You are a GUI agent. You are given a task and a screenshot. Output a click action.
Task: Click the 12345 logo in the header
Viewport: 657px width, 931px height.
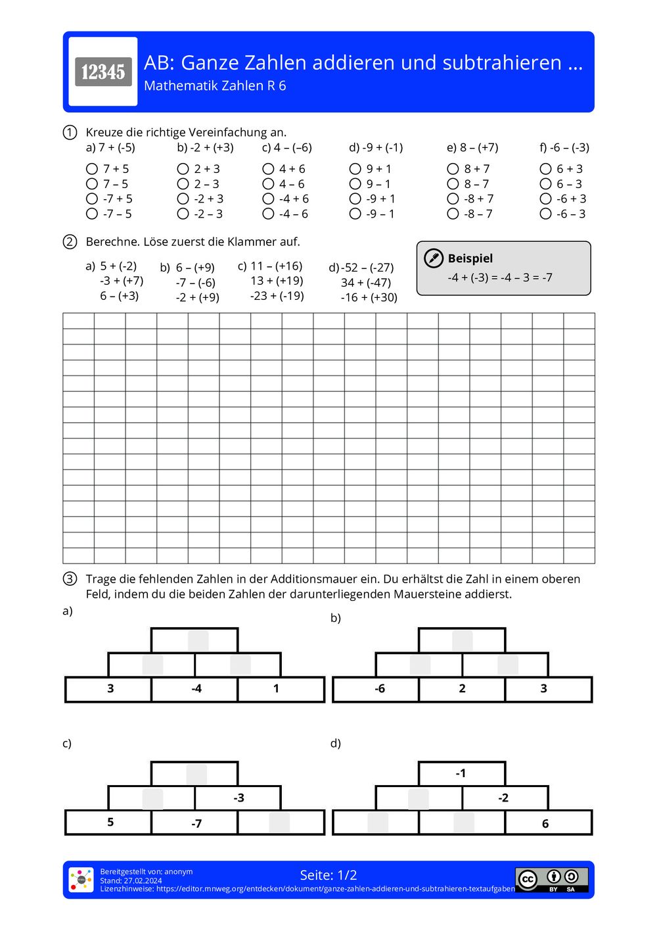[103, 72]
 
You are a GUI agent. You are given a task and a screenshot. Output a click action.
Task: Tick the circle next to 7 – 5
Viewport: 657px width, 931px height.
[92, 184]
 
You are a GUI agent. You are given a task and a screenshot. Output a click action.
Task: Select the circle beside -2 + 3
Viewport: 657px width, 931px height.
[183, 199]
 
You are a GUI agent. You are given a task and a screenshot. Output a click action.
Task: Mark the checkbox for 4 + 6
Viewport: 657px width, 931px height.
[268, 169]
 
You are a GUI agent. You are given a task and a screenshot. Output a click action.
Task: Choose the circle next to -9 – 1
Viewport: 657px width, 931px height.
[355, 214]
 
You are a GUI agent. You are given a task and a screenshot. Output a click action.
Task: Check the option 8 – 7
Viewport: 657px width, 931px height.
[453, 184]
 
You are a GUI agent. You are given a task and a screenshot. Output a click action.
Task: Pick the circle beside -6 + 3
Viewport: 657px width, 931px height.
[545, 199]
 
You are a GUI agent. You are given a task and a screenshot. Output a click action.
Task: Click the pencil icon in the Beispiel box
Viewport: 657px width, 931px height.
[434, 258]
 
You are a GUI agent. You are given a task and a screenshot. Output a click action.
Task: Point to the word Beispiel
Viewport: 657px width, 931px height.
[470, 258]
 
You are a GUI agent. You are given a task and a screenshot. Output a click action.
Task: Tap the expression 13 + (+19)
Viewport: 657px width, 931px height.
[277, 281]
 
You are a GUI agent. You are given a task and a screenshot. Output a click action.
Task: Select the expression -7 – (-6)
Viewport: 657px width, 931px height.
[195, 283]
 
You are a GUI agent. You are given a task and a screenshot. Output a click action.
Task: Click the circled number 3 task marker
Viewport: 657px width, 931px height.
[70, 579]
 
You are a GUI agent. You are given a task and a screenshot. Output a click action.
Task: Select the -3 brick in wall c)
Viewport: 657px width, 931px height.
[238, 798]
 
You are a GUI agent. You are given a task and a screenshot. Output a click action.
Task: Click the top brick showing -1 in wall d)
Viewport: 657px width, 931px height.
[461, 773]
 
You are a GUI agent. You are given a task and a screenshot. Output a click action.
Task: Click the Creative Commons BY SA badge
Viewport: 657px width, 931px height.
[552, 880]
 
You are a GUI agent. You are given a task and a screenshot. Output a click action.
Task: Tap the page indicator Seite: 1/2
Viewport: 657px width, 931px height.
[328, 875]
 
